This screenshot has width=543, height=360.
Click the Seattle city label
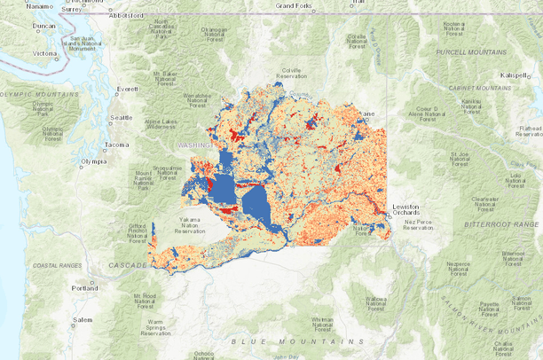(x=121, y=117)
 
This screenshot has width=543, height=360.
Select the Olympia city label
(x=94, y=161)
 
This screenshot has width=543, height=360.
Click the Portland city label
(x=86, y=288)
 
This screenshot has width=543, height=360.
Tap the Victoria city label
(x=44, y=53)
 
